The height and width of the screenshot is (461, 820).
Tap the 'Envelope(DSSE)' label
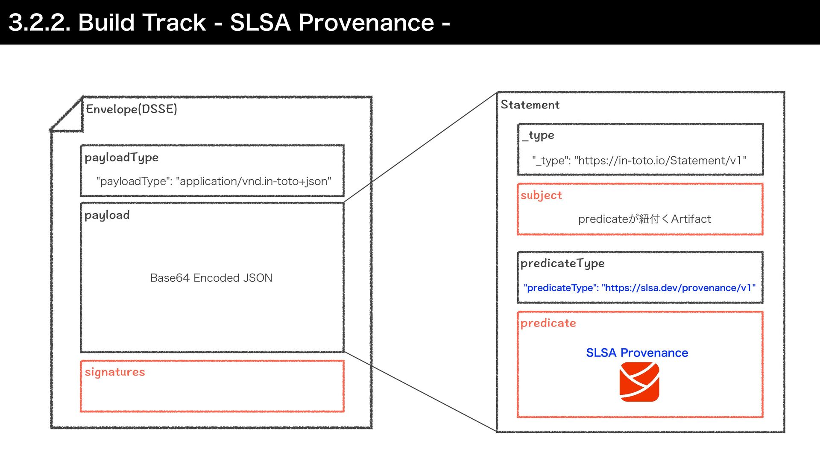pyautogui.click(x=132, y=109)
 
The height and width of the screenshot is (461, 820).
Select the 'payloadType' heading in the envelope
pyautogui.click(x=121, y=158)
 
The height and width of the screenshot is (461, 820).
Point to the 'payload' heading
pyautogui.click(x=107, y=215)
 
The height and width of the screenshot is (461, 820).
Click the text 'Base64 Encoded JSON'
pyautogui.click(x=211, y=278)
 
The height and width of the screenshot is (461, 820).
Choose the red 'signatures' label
pyautogui.click(x=114, y=372)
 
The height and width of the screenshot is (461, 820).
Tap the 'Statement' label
pyautogui.click(x=530, y=105)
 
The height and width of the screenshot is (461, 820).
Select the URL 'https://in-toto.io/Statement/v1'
pyautogui.click(x=660, y=160)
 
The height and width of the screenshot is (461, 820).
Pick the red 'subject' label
pyautogui.click(x=541, y=195)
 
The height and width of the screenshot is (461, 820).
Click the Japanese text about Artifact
pyautogui.click(x=644, y=219)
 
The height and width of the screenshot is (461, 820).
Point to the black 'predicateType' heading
pyautogui.click(x=562, y=263)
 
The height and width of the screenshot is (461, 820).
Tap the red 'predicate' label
pyautogui.click(x=548, y=323)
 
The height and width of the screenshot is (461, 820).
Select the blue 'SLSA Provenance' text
pyautogui.click(x=637, y=353)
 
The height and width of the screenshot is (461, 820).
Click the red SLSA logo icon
pyautogui.click(x=639, y=382)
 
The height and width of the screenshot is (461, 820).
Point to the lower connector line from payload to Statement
pyautogui.click(x=421, y=392)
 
